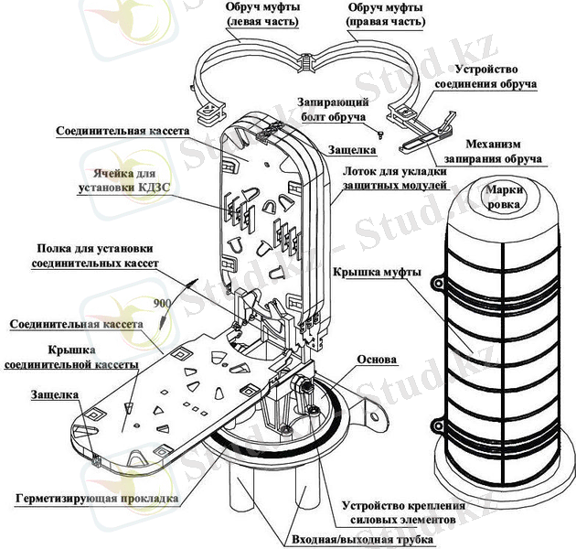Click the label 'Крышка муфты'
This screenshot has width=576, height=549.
coord(378,272)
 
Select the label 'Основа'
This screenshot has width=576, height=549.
coord(377,360)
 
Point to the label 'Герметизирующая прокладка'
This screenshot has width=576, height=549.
coord(96,500)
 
